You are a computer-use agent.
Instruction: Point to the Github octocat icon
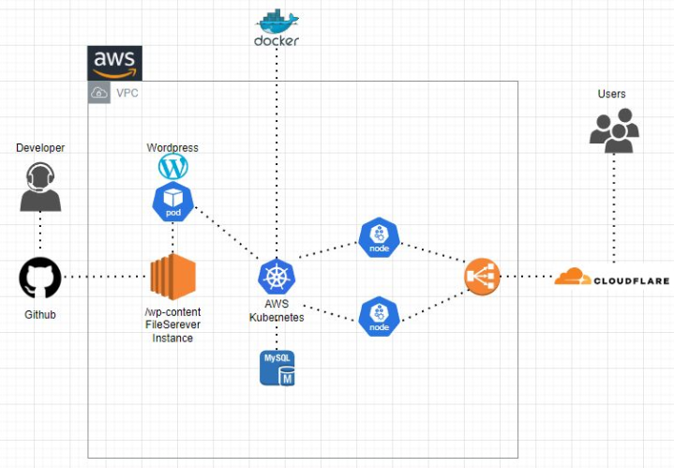point(40,278)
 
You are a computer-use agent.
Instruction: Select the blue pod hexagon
point(173,201)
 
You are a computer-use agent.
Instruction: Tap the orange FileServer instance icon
point(172,277)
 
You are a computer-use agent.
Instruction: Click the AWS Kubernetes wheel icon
point(277,278)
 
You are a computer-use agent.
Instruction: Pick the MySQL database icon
point(277,368)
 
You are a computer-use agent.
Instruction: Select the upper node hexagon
point(379,237)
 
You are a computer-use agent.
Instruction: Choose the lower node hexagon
point(379,315)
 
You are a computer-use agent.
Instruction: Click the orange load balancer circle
point(482,277)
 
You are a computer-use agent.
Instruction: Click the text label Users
point(612,94)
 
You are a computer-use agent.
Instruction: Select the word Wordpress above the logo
point(172,148)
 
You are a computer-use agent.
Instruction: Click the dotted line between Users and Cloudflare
point(614,211)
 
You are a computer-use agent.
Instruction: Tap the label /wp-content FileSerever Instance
point(172,325)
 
